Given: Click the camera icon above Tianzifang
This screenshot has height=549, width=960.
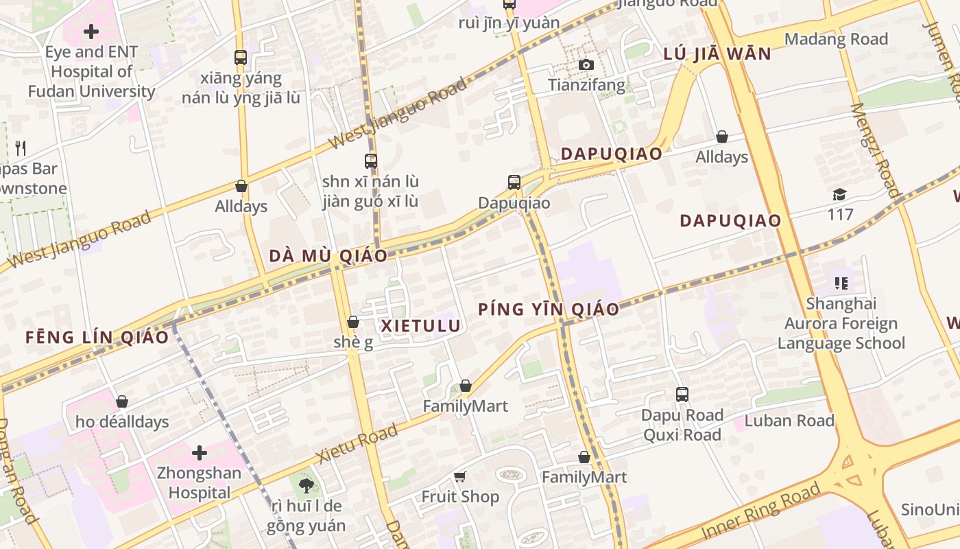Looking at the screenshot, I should coord(586,65).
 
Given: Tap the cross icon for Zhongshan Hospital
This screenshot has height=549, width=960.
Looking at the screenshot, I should coord(200,453).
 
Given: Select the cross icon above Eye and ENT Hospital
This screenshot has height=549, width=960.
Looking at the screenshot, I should coord(91,32).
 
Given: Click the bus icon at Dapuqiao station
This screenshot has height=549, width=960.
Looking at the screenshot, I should coord(514,182).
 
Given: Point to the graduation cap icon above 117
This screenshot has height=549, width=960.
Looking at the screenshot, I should coord(839,194).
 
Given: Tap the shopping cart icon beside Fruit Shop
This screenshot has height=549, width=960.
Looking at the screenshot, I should coord(460,476).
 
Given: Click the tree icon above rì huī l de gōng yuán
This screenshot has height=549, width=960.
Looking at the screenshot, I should coord(306,486).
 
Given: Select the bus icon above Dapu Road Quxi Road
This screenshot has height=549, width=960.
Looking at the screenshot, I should coord(682,395).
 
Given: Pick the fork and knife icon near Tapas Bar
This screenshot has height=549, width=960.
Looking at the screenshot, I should coord(21,148).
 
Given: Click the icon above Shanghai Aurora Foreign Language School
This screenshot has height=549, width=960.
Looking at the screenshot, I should coord(841,283).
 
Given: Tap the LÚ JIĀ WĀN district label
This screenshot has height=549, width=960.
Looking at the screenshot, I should coord(717,54).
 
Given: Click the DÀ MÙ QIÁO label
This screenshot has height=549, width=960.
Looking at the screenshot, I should coord(328,256).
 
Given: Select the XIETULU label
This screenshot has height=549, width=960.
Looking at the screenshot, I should coord(420,326).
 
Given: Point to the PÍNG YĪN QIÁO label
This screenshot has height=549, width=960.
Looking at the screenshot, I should coord(549,309).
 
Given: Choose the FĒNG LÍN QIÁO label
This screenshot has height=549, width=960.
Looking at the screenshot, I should coord(97,337).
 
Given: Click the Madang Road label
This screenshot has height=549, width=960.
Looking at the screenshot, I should coord(836,39).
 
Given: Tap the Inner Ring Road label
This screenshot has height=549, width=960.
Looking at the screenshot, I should coord(760,511).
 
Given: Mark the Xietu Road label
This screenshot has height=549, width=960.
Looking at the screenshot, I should coord(357,444).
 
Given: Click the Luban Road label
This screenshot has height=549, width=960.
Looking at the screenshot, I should coord(789,421).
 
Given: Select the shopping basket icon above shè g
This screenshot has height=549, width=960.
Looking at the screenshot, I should coord(353,322).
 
